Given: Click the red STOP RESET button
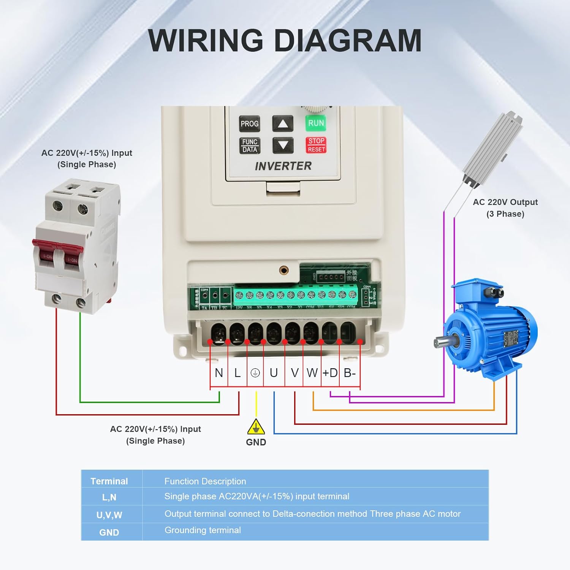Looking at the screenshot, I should tap(316, 145).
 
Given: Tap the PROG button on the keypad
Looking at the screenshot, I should tap(249, 124).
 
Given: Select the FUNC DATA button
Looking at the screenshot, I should tap(250, 146).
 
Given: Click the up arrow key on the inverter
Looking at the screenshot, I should tap(283, 124).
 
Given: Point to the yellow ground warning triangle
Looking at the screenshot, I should tap(256, 427).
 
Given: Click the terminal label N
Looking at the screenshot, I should tap(219, 373).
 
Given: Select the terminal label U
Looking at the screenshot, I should tap(274, 373).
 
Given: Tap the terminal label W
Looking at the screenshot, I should tap(312, 373).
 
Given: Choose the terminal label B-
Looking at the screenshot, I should tap(350, 373).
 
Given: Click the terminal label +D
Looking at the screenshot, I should tap(330, 373).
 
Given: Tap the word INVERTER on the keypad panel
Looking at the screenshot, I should tap(283, 166).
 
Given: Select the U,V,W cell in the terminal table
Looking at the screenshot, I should tap(109, 515).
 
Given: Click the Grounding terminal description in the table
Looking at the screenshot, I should tap(203, 530).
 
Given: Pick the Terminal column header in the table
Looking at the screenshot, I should tap(109, 481).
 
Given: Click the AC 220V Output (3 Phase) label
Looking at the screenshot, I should tap(505, 208).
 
